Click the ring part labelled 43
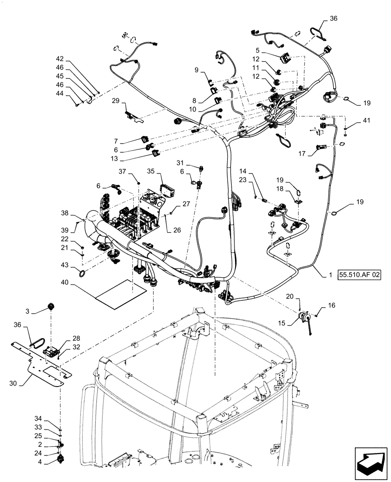(x=82, y=274)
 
